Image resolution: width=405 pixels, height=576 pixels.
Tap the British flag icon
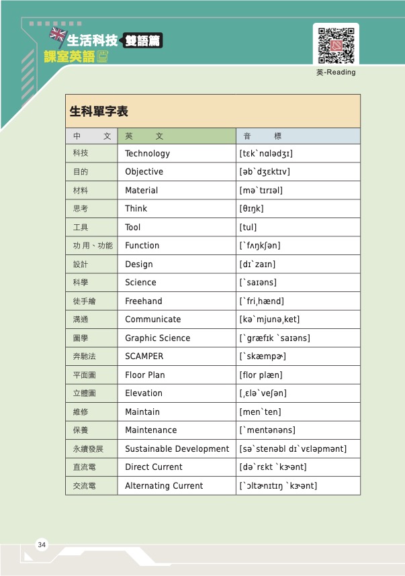click(58, 35)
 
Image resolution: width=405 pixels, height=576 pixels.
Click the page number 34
click(42, 544)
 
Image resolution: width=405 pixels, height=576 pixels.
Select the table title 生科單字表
click(99, 111)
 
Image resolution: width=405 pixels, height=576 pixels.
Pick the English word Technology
click(147, 154)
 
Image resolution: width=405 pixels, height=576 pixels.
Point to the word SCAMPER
click(144, 356)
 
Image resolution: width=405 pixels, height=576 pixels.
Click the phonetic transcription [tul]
click(248, 228)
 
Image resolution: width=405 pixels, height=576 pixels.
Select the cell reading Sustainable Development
click(177, 448)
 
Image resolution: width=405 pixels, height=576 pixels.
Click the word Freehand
click(143, 301)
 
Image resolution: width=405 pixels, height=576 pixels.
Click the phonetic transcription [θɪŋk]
click(251, 209)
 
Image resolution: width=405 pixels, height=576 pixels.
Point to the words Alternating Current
click(164, 485)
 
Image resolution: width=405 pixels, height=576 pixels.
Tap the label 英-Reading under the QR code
click(336, 73)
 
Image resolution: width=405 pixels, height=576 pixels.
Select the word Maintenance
click(150, 430)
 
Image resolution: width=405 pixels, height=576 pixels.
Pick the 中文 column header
click(91, 136)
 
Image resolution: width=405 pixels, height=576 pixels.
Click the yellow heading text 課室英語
click(70, 57)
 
